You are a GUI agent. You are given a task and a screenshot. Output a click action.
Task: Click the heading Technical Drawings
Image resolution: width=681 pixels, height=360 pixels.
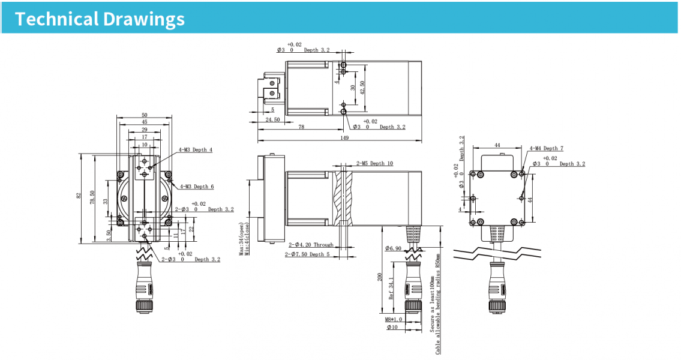point(100,19)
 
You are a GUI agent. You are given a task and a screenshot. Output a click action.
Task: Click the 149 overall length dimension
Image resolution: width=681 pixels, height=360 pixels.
point(344,137)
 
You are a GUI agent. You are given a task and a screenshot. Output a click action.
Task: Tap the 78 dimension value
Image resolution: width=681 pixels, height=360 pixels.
point(301,127)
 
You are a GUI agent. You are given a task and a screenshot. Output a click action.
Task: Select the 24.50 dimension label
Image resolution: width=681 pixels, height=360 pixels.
point(273,119)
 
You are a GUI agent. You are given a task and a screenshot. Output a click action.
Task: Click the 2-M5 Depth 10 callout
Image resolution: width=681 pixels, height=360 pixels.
point(375,163)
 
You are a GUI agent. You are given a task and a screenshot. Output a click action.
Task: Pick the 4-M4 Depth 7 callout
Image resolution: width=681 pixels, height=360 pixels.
point(547,148)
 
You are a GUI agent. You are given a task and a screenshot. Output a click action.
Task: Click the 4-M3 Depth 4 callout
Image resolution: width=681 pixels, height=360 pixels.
point(196,150)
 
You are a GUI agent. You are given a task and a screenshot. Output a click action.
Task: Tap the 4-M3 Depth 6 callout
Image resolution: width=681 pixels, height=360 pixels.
point(197,187)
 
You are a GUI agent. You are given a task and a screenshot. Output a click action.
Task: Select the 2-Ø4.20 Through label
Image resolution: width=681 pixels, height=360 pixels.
point(311,245)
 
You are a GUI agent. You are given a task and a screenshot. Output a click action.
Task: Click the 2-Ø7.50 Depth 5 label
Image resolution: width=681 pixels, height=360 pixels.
point(307,254)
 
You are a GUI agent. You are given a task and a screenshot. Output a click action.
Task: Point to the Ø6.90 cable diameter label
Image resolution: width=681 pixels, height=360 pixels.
point(393,248)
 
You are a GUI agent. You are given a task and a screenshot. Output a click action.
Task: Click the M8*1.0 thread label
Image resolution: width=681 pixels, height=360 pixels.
point(394,320)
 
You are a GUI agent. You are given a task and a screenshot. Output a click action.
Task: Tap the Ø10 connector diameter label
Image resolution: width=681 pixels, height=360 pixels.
point(392,328)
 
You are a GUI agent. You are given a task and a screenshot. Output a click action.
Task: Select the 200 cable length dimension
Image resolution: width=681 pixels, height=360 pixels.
point(380,277)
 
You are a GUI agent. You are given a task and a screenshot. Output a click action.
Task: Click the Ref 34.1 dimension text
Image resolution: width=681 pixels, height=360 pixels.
point(391,289)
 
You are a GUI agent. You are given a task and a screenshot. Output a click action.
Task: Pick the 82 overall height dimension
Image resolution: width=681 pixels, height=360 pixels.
point(79,196)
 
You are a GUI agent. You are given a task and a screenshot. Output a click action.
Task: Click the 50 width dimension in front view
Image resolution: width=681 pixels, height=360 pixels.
point(145,115)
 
